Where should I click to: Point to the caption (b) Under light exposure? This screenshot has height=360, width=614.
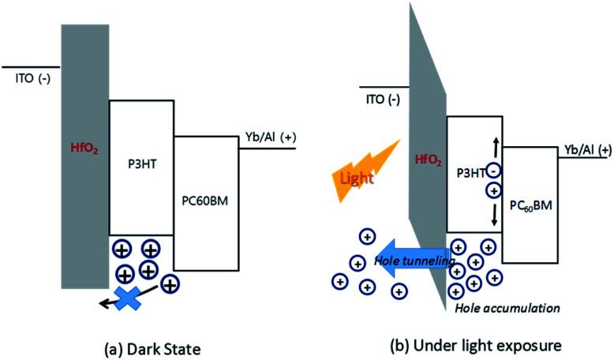pyautogui.click(x=476, y=346)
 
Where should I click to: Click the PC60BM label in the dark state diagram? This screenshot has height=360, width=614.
pyautogui.click(x=205, y=201)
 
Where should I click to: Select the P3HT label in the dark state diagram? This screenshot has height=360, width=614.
pyautogui.click(x=142, y=163)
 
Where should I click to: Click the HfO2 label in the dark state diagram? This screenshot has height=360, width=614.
pyautogui.click(x=84, y=148)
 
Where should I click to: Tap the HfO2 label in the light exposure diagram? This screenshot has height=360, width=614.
pyautogui.click(x=428, y=160)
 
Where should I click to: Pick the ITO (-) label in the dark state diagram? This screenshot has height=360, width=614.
pyautogui.click(x=33, y=78)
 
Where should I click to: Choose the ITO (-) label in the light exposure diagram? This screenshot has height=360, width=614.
pyautogui.click(x=383, y=99)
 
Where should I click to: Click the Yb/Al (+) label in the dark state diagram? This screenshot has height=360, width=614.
pyautogui.click(x=271, y=137)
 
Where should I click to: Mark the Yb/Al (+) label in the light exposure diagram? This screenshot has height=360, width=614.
pyautogui.click(x=587, y=150)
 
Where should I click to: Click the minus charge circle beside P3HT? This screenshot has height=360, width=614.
pyautogui.click(x=494, y=171)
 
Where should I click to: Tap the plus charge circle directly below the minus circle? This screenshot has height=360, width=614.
pyautogui.click(x=494, y=191)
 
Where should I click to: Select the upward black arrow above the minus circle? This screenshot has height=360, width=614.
pyautogui.click(x=496, y=148)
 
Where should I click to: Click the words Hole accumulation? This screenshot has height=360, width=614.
pyautogui.click(x=507, y=308)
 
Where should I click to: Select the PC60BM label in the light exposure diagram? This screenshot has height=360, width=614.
pyautogui.click(x=531, y=205)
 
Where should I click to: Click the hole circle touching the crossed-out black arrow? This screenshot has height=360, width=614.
pyautogui.click(x=170, y=284)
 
